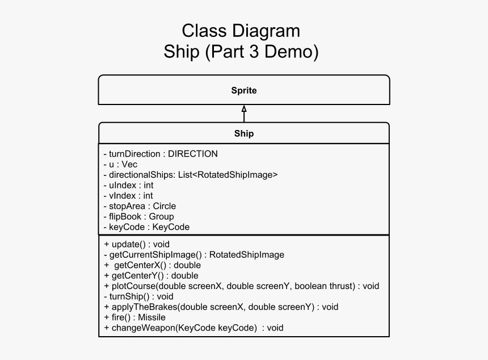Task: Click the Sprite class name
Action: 243,90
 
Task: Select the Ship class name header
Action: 243,134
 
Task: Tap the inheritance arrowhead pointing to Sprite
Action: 244,108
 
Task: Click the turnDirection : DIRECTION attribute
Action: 161,154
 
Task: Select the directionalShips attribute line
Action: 191,175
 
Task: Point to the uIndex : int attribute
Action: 129,185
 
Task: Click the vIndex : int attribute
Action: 128,196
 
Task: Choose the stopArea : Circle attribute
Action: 140,206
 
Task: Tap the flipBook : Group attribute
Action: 139,216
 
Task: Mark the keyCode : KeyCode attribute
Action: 146,227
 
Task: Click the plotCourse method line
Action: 242,286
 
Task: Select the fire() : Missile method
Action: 135,317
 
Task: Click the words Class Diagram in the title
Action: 241,31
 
